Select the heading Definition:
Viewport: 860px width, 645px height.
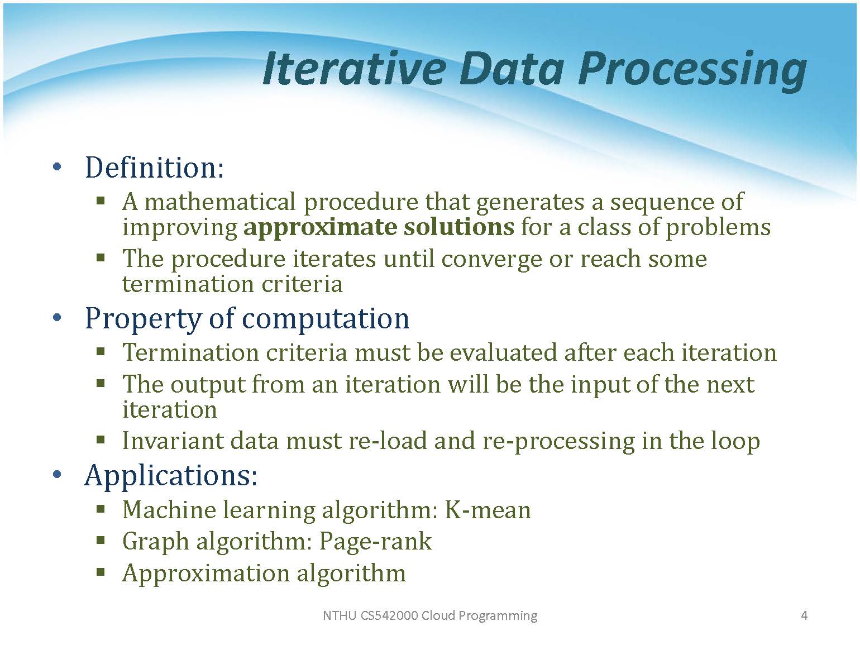pos(154,167)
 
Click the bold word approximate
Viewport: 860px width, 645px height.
pos(320,227)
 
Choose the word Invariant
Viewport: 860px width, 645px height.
pos(173,441)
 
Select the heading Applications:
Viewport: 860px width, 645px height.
pos(171,475)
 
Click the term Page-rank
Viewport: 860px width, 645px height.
pos(375,542)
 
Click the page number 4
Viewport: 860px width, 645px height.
pos(804,615)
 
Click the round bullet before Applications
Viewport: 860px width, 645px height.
pos(57,475)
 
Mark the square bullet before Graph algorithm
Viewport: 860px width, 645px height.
pos(101,541)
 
